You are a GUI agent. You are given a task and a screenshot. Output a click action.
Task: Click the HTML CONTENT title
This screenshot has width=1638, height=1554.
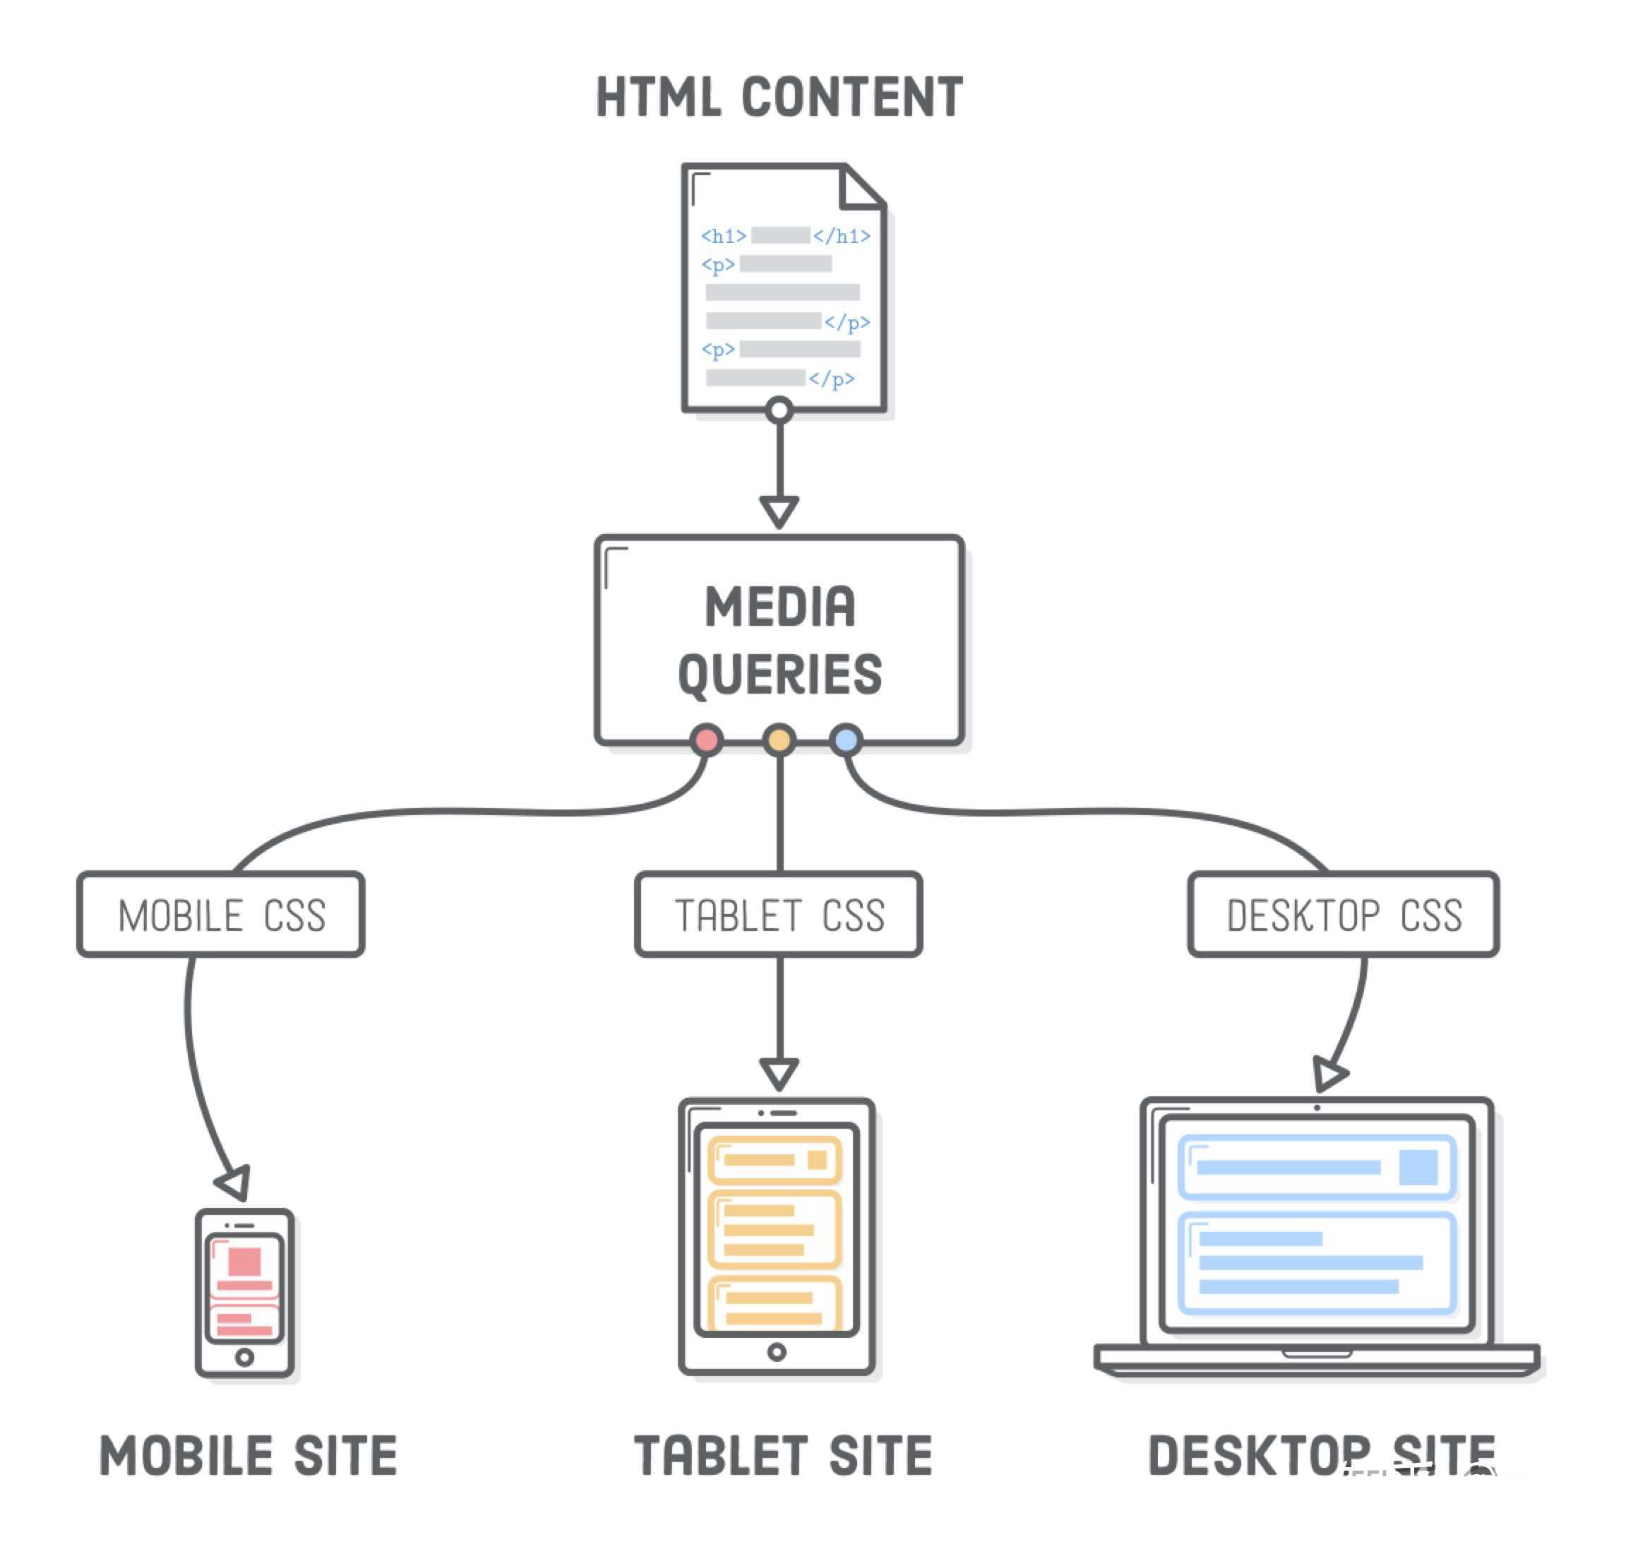[x=779, y=97]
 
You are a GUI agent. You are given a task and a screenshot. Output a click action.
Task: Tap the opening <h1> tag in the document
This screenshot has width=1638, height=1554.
[x=723, y=236]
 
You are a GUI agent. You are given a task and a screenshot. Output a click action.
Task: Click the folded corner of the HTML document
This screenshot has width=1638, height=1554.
[x=861, y=187]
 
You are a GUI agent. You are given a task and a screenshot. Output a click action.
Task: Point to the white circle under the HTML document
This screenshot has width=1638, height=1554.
[x=779, y=410]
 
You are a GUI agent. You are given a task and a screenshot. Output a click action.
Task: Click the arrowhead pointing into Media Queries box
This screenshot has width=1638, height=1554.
[x=779, y=509]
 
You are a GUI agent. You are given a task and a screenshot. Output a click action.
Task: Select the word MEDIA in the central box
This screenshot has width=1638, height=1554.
[x=779, y=607]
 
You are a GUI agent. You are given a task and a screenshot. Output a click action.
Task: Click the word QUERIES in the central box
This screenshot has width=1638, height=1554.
[x=779, y=673]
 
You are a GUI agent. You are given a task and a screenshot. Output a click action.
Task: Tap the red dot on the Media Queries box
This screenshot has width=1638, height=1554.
[x=706, y=740]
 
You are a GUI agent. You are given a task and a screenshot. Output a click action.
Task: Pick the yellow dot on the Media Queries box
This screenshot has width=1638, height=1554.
[x=779, y=740]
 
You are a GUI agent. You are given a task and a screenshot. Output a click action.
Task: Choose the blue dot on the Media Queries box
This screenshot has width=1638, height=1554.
[x=846, y=740]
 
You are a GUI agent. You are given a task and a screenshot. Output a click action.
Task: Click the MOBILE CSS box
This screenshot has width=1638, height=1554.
[x=221, y=915]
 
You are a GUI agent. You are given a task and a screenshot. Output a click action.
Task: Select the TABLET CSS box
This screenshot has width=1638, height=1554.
[x=779, y=915]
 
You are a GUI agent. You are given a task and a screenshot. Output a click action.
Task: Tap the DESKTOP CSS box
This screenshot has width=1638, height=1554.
[x=1343, y=915]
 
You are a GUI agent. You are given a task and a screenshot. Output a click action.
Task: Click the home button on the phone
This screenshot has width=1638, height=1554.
[x=244, y=1358]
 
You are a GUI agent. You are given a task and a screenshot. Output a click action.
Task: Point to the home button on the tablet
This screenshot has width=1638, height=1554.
[x=777, y=1353]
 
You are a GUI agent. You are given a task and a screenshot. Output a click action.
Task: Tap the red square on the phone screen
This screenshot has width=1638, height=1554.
[x=244, y=1262]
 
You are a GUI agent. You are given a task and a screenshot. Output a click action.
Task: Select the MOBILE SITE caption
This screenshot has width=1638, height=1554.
[x=249, y=1457]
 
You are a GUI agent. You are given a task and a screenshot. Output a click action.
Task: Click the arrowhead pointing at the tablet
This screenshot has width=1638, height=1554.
[x=779, y=1072]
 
